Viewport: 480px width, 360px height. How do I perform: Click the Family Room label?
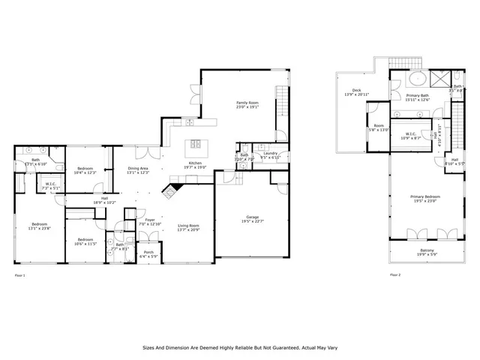tap(247, 104)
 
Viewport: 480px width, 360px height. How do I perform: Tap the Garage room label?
tap(252, 218)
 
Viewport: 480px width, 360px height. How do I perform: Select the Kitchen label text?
tap(195, 165)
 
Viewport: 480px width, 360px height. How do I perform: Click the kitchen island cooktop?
tap(196, 144)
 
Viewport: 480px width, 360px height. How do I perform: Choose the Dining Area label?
tap(137, 170)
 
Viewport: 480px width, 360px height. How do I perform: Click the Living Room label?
tap(188, 226)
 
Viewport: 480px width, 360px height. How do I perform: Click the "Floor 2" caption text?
tap(395, 275)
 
